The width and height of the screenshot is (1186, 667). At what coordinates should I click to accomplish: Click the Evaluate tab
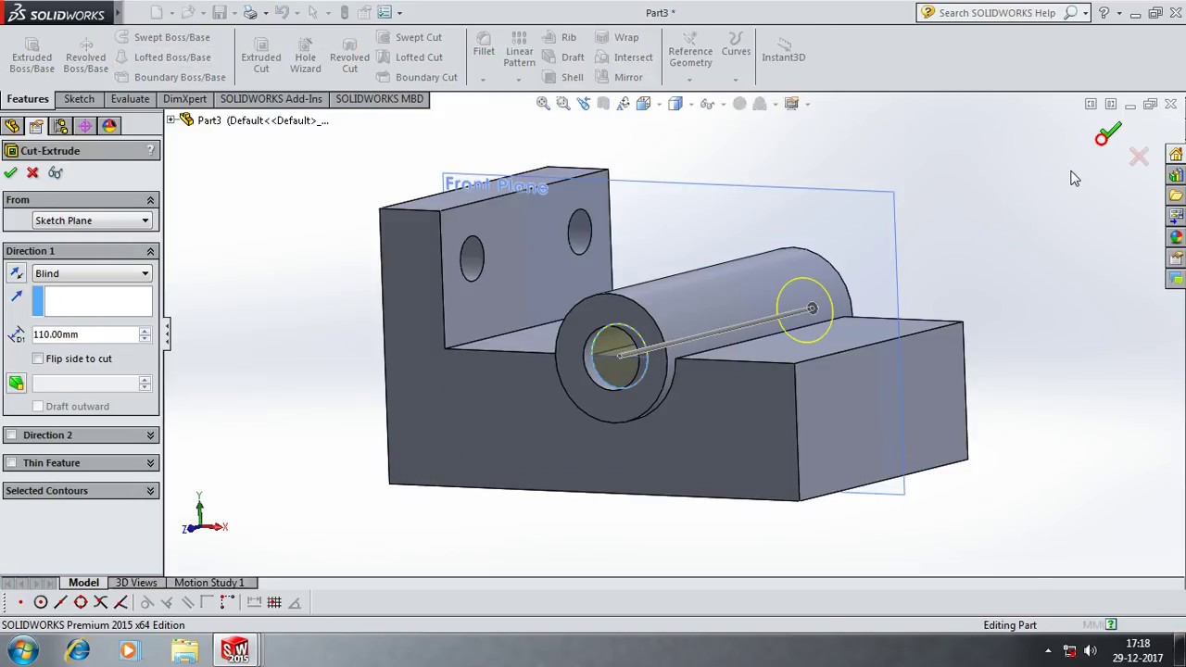coord(130,99)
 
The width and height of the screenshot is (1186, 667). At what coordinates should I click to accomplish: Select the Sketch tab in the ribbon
coord(79,99)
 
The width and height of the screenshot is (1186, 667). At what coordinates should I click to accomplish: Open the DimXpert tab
coord(184,99)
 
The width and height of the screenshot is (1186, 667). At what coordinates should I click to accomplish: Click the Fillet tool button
coord(484,44)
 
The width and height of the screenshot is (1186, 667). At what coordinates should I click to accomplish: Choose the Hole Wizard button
coord(305,56)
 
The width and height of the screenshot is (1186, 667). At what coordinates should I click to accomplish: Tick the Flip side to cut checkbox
coord(38,359)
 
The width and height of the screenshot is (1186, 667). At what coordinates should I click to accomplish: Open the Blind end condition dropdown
coord(91,273)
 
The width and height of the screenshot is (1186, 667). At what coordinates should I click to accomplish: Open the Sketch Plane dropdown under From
coord(91,220)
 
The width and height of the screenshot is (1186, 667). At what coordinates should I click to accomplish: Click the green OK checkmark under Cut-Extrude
coord(10,173)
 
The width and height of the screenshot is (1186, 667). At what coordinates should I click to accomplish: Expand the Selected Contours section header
coord(81,491)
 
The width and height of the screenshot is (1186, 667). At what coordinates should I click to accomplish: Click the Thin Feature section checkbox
coord(11,463)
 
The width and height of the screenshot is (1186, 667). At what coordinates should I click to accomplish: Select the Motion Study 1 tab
coord(208,583)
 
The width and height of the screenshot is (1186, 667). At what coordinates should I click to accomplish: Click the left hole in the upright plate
coord(472,258)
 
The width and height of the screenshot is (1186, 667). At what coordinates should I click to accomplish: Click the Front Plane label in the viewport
coord(497,186)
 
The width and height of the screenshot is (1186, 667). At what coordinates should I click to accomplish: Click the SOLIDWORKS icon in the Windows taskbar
coord(235,650)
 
